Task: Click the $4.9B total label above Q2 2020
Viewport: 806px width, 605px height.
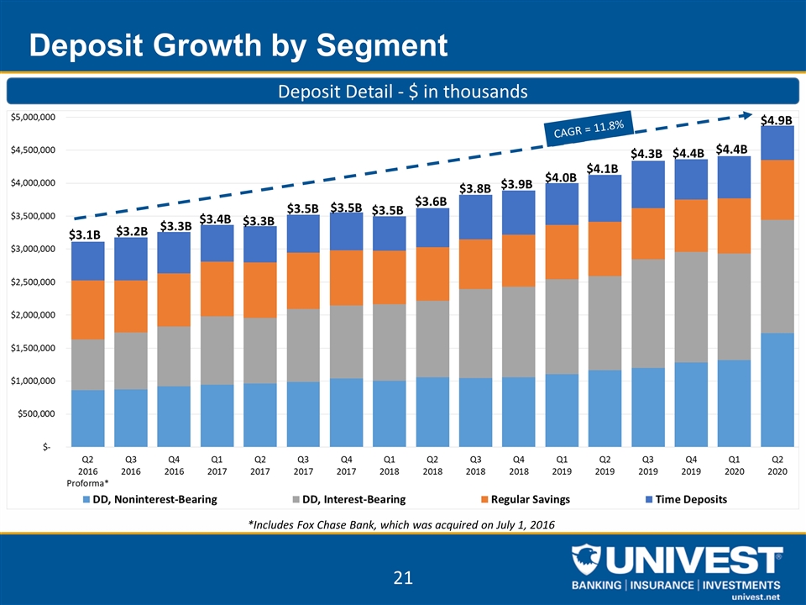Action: point(776,120)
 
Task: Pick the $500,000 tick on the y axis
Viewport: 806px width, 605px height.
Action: point(36,413)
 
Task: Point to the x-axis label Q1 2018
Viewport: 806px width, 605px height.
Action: point(389,466)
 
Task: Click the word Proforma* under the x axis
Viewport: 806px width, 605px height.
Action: point(88,483)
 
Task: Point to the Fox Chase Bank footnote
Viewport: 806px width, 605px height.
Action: point(401,524)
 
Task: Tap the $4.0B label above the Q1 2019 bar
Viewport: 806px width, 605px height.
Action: point(560,177)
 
